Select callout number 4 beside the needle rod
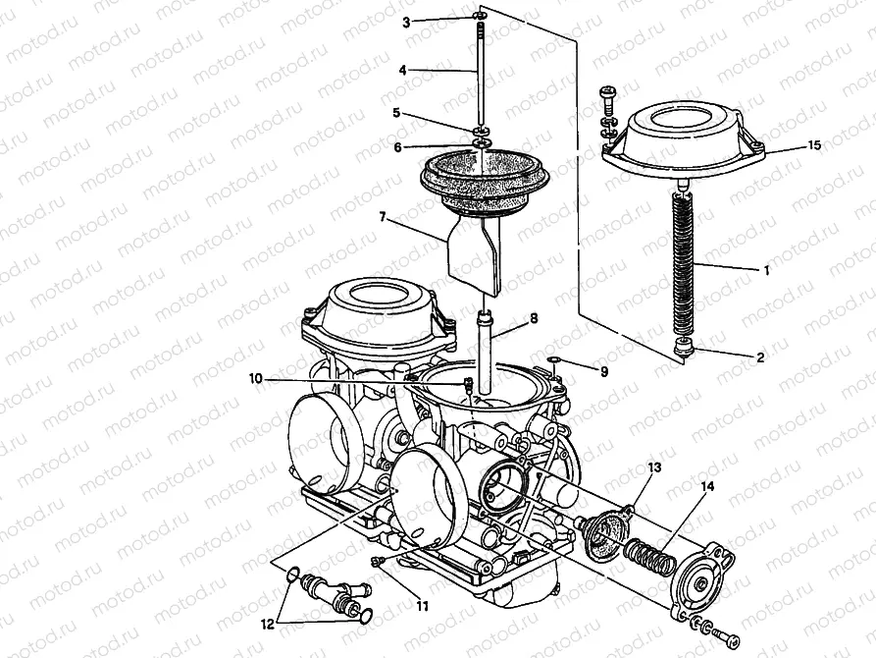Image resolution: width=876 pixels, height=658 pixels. [x=403, y=70]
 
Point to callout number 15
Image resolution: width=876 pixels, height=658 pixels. [x=813, y=145]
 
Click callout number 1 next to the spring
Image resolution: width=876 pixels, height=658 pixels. [x=767, y=268]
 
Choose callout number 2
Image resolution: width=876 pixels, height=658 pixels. [x=760, y=357]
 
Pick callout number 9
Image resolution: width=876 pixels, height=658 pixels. [x=604, y=372]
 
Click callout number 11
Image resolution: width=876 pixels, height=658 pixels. [x=422, y=606]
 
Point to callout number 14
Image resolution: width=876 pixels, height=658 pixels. [x=708, y=488]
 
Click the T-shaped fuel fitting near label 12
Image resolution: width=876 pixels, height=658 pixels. [x=328, y=593]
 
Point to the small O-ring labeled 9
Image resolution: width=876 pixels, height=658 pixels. [x=554, y=361]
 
